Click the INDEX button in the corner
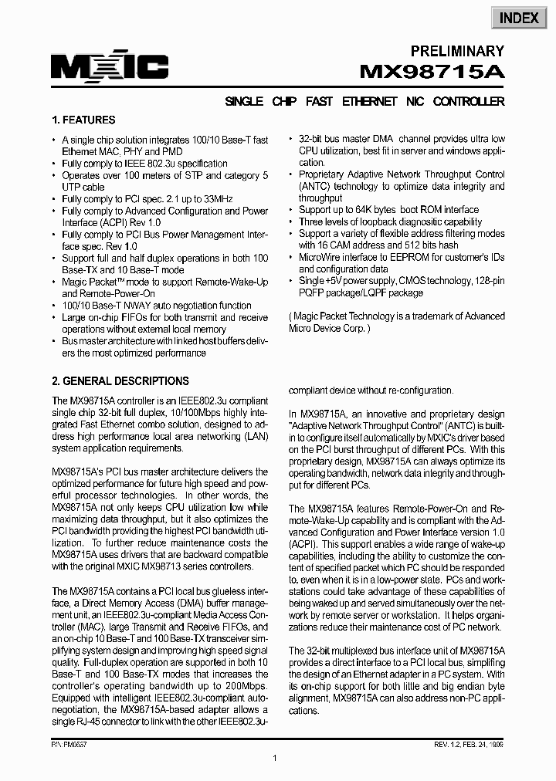tap(519, 17)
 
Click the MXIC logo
tap(110, 69)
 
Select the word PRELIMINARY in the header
tap(456, 51)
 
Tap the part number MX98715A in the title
tap(432, 72)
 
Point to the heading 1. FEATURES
tap(83, 120)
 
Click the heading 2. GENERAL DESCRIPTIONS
tap(120, 381)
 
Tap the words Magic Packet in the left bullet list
tap(92, 282)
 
